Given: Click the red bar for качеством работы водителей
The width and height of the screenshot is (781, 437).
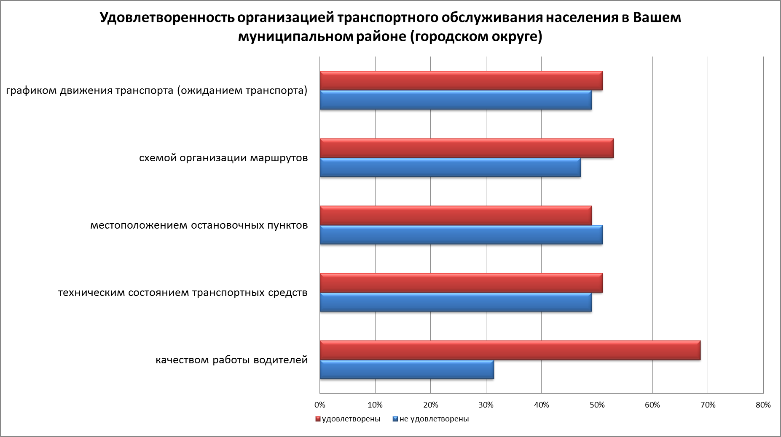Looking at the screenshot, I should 510,350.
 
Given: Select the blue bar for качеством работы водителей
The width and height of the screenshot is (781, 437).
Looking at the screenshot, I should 407,370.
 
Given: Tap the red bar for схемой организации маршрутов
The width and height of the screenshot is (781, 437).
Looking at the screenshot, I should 467,148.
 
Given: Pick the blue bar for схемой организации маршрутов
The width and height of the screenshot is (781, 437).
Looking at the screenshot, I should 450,168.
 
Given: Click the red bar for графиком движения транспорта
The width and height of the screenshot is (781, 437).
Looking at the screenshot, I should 461,81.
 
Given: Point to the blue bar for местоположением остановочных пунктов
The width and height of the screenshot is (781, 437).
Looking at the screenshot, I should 461,235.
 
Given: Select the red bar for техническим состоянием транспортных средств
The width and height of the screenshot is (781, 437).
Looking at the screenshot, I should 461,283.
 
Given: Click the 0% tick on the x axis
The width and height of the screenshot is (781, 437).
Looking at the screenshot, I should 320,405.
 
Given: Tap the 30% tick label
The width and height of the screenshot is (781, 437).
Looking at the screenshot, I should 486,405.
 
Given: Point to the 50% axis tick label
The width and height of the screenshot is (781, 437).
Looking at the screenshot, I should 597,405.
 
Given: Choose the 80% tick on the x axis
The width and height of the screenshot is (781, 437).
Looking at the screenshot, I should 763,405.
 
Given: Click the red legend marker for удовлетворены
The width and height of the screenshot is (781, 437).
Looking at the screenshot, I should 318,419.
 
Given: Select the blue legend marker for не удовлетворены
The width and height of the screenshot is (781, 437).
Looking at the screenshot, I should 395,419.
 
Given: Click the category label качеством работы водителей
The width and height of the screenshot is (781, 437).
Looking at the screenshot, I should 232,360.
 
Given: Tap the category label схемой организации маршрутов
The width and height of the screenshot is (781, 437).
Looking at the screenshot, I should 223,158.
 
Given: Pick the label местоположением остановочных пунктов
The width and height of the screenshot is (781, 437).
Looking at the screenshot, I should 199,226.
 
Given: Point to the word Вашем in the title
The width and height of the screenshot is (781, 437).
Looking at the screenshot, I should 657,19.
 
